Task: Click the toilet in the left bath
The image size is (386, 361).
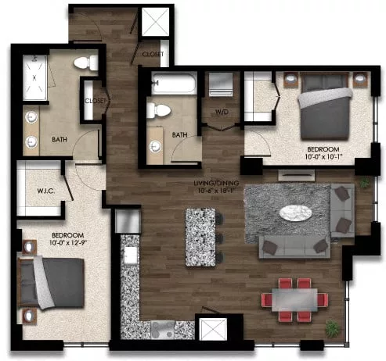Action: (x=81, y=63)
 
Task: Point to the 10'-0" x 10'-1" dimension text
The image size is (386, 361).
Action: (x=323, y=157)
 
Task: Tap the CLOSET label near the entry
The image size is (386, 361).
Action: (x=153, y=53)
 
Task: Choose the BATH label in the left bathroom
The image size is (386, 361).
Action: (x=60, y=139)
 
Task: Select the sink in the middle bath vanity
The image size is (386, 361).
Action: (x=155, y=145)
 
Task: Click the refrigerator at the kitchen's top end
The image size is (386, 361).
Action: (x=127, y=221)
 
